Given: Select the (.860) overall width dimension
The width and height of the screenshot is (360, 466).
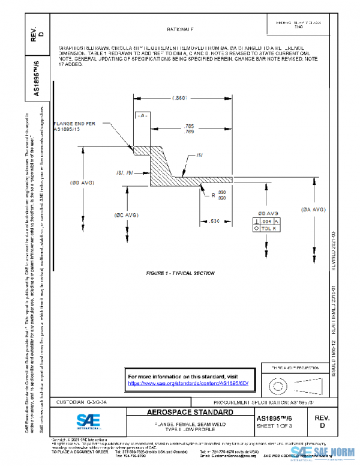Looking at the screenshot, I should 179,97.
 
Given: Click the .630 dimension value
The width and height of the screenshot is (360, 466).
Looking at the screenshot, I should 214,220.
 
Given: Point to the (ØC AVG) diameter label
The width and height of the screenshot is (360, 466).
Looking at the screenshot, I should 127,214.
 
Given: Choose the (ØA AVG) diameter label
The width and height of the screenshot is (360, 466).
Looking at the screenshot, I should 313,209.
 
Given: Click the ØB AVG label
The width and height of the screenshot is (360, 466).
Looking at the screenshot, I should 268,213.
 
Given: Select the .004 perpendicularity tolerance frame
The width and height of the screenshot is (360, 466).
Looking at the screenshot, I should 267,221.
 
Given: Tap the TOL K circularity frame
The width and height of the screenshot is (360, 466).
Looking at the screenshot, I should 267,229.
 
